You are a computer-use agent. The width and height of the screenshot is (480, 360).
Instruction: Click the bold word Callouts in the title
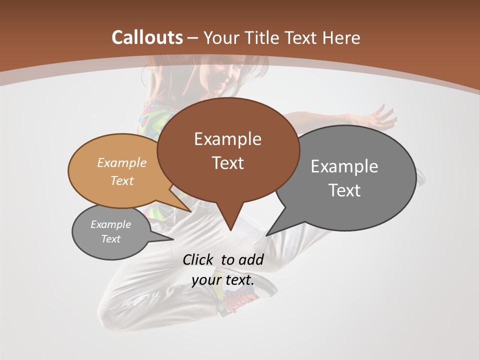point(147,37)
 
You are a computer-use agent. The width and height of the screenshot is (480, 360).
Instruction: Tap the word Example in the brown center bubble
point(227,139)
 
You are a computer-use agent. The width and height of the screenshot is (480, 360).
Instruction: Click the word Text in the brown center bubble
point(227,163)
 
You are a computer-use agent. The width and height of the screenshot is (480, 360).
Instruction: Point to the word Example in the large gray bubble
point(344,166)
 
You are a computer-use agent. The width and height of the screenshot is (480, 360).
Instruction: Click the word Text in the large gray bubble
point(344,190)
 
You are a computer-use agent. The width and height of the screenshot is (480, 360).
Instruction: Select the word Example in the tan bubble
point(122,163)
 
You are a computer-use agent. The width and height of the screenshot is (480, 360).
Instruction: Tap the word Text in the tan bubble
point(122,180)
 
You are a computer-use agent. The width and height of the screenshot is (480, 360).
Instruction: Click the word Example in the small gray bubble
point(110,224)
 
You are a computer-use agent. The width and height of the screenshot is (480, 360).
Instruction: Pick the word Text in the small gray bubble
point(110,239)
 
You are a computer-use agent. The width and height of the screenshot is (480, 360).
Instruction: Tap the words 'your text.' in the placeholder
point(223,280)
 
